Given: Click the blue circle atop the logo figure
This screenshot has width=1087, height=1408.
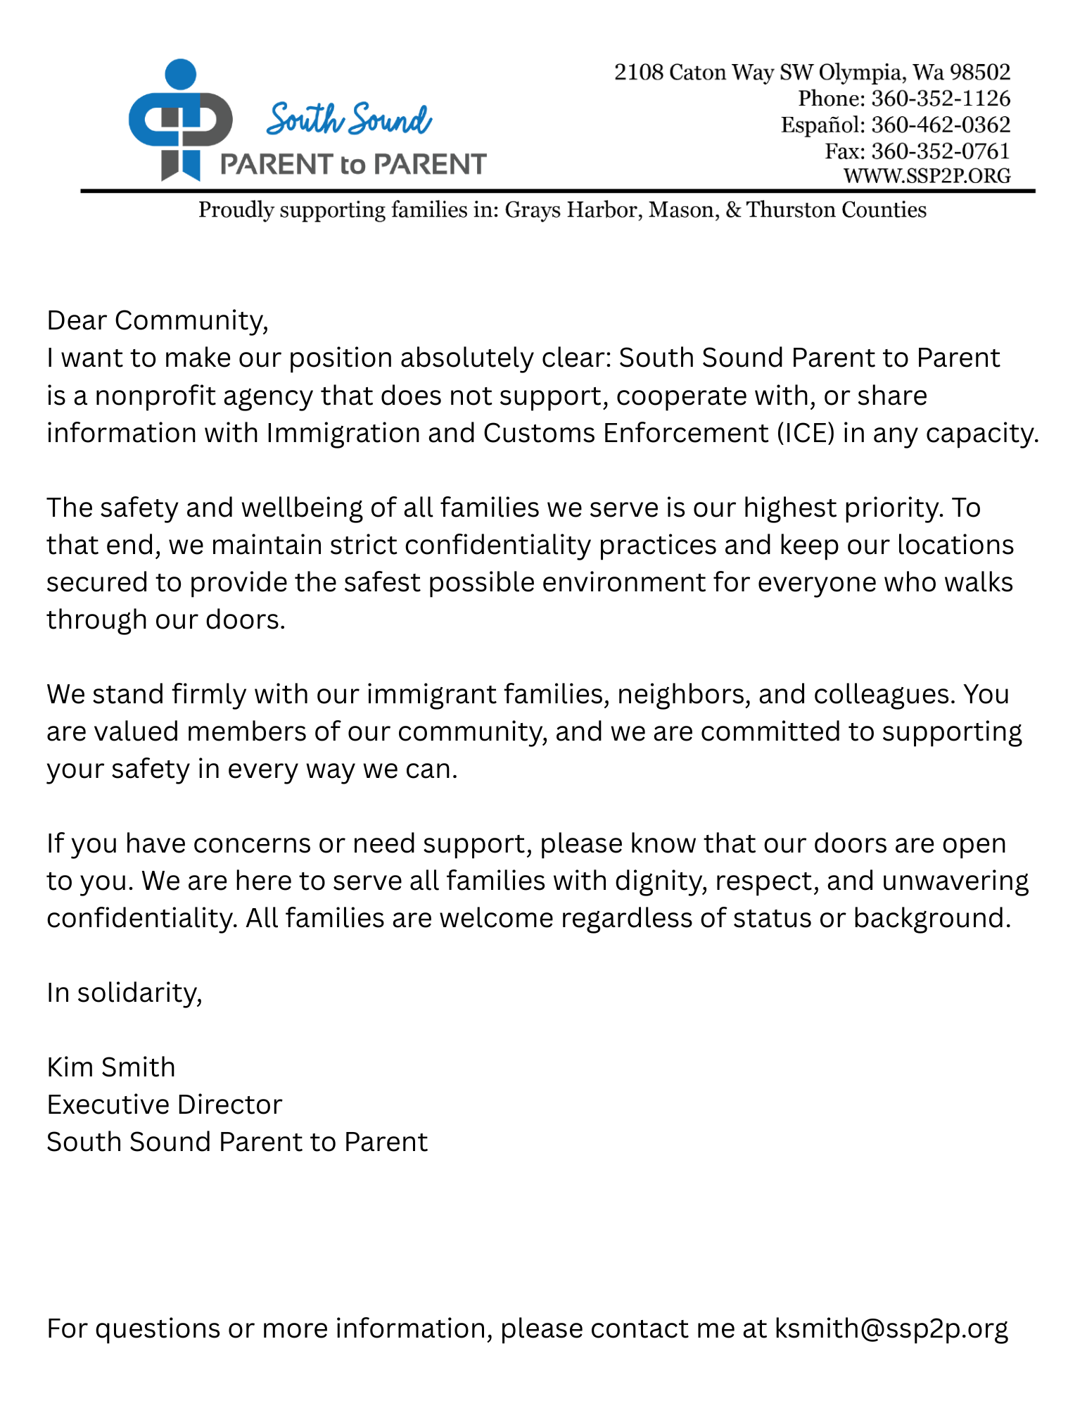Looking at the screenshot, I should point(180,74).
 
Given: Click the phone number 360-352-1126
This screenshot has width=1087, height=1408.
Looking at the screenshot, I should point(941,99).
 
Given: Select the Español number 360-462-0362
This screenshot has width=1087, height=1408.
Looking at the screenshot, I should point(941,125).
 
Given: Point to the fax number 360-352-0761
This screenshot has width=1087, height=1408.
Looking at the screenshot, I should point(941,151).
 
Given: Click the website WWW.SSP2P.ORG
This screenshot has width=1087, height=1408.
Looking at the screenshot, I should point(927,176).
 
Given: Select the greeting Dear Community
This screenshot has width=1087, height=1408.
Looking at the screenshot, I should point(157,321).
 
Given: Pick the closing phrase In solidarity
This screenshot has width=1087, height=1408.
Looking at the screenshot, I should point(124,993).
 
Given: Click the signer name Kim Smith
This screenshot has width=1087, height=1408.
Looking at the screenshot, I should point(110,1068).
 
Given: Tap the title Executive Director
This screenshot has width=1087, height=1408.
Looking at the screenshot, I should point(164,1105).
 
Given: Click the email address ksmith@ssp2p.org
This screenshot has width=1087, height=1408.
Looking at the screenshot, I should point(891,1329).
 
